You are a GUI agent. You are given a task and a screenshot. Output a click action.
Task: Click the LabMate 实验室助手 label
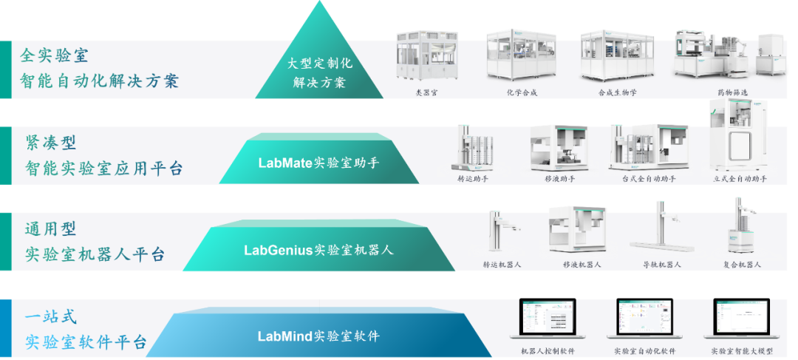319,163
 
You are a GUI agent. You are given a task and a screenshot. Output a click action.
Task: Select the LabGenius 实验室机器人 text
319,250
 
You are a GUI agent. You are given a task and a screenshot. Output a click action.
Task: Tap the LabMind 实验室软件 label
319,336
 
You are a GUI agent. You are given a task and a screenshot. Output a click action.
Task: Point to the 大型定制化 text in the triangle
319,64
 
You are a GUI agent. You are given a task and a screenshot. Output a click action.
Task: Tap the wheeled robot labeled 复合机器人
741,229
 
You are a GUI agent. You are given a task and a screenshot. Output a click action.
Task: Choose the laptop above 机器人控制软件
548,322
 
